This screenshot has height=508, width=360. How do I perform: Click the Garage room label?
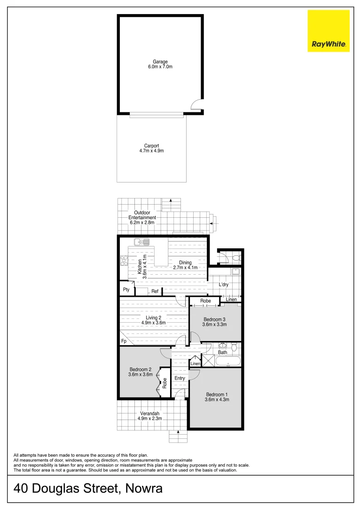point(160,62)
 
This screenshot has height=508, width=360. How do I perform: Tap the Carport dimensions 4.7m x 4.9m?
point(151,151)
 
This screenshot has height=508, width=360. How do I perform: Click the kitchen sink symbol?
point(141,242)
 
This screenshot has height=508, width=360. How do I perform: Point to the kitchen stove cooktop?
point(124,261)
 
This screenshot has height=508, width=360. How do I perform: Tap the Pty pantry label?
point(126,290)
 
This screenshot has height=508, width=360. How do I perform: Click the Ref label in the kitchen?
point(155,292)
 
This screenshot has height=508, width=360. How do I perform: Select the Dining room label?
point(185,263)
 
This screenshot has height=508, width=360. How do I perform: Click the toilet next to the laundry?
point(235,257)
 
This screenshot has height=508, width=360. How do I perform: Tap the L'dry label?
point(224,285)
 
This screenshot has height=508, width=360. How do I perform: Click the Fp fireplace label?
point(124,341)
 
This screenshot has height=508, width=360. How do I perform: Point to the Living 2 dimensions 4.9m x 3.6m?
point(153,323)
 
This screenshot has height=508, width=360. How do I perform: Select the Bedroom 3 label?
point(215,319)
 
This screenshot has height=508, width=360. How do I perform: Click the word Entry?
point(180,378)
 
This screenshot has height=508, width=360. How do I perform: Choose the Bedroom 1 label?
point(217,395)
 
